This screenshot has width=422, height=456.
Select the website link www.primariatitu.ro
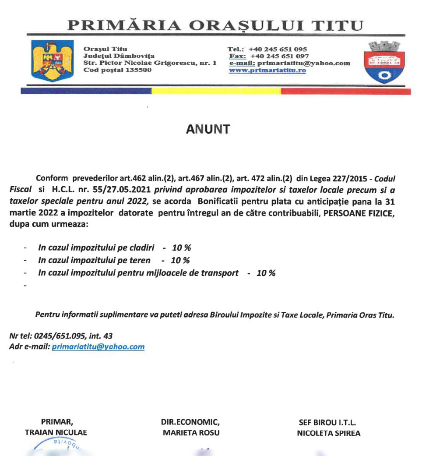pyautogui.click(x=267, y=70)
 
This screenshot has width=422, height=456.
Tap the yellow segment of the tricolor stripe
pyautogui.click(x=216, y=92)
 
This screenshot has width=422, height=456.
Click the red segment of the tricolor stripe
pyautogui.click(x=346, y=92)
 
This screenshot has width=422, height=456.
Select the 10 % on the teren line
pyautogui.click(x=180, y=261)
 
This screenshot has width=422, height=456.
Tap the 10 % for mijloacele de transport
pyautogui.click(x=266, y=273)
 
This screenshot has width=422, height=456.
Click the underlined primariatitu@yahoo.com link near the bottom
pyautogui.click(x=98, y=346)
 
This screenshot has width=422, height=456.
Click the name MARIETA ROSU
pyautogui.click(x=190, y=433)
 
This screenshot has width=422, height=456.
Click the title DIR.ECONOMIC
pyautogui.click(x=190, y=422)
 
